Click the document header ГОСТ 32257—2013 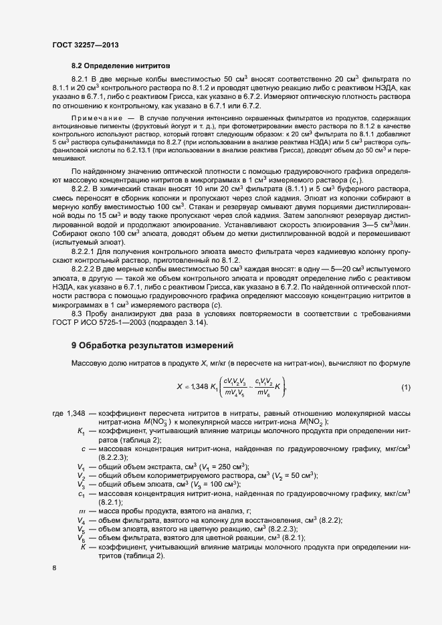tap(86, 45)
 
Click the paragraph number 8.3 tap(77, 313)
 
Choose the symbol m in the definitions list tap(81, 510)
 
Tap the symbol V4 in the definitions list tap(81, 519)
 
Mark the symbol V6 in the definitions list tap(81, 537)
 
